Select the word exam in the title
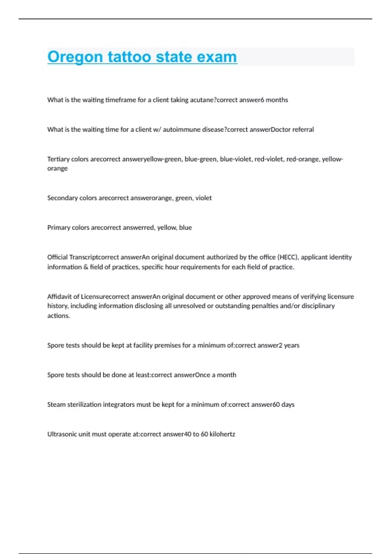[x=217, y=57]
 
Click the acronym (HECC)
[x=287, y=257]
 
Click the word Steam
[x=56, y=404]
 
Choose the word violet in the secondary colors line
[x=204, y=198]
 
